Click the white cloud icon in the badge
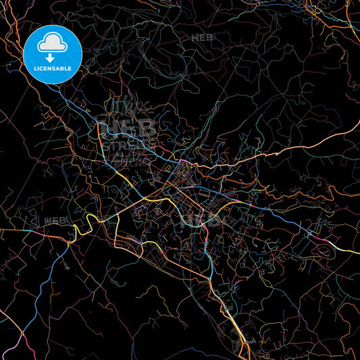click(x=53, y=44)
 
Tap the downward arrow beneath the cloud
click(x=50, y=58)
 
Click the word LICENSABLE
click(x=53, y=68)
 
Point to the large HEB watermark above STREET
click(x=126, y=127)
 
